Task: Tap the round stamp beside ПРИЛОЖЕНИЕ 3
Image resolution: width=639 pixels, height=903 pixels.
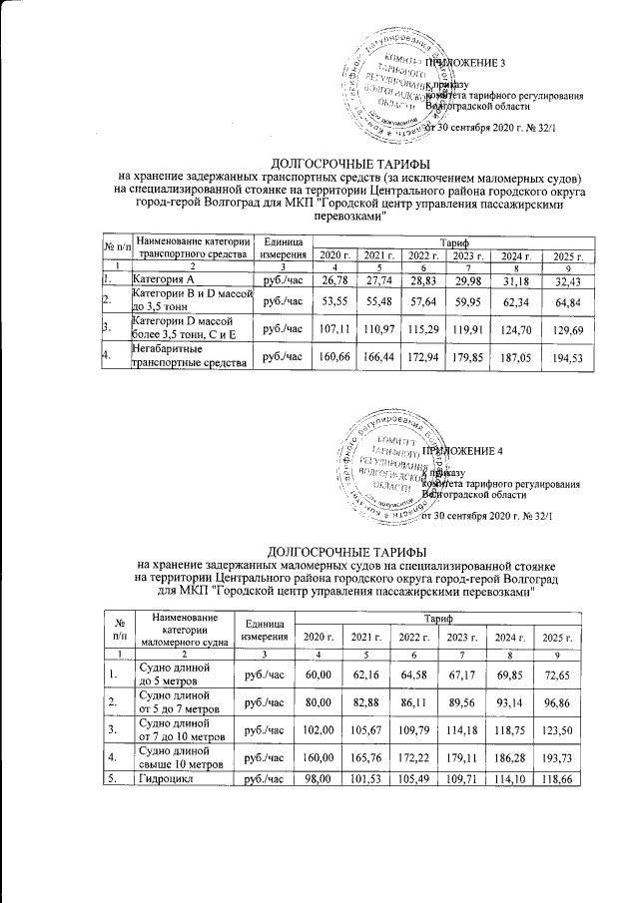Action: [397, 85]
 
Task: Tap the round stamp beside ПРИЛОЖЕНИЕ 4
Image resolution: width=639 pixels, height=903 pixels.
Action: [396, 470]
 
